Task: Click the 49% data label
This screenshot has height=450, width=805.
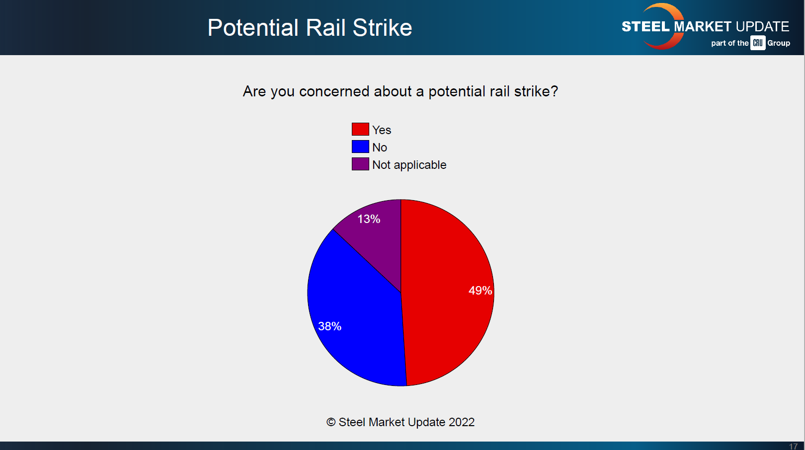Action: [480, 291]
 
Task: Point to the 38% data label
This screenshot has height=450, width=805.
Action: [329, 326]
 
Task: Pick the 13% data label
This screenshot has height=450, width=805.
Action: [369, 219]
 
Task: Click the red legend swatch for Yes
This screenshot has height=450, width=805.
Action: [360, 129]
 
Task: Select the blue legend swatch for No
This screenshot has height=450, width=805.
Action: [360, 147]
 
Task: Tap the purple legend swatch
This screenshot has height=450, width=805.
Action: [360, 164]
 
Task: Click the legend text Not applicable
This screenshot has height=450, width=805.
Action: [409, 165]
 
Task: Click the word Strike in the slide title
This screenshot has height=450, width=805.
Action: [382, 28]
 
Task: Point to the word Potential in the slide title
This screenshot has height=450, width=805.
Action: [253, 28]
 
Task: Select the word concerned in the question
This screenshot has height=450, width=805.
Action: [334, 91]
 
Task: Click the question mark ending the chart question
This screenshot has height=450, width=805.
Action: [555, 91]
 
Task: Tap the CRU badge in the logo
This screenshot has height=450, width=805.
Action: [758, 43]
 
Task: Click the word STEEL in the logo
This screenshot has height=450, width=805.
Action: [646, 27]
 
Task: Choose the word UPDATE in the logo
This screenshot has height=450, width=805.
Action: [762, 27]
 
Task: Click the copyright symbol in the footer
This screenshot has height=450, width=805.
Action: [331, 422]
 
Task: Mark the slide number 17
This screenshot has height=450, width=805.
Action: [793, 447]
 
